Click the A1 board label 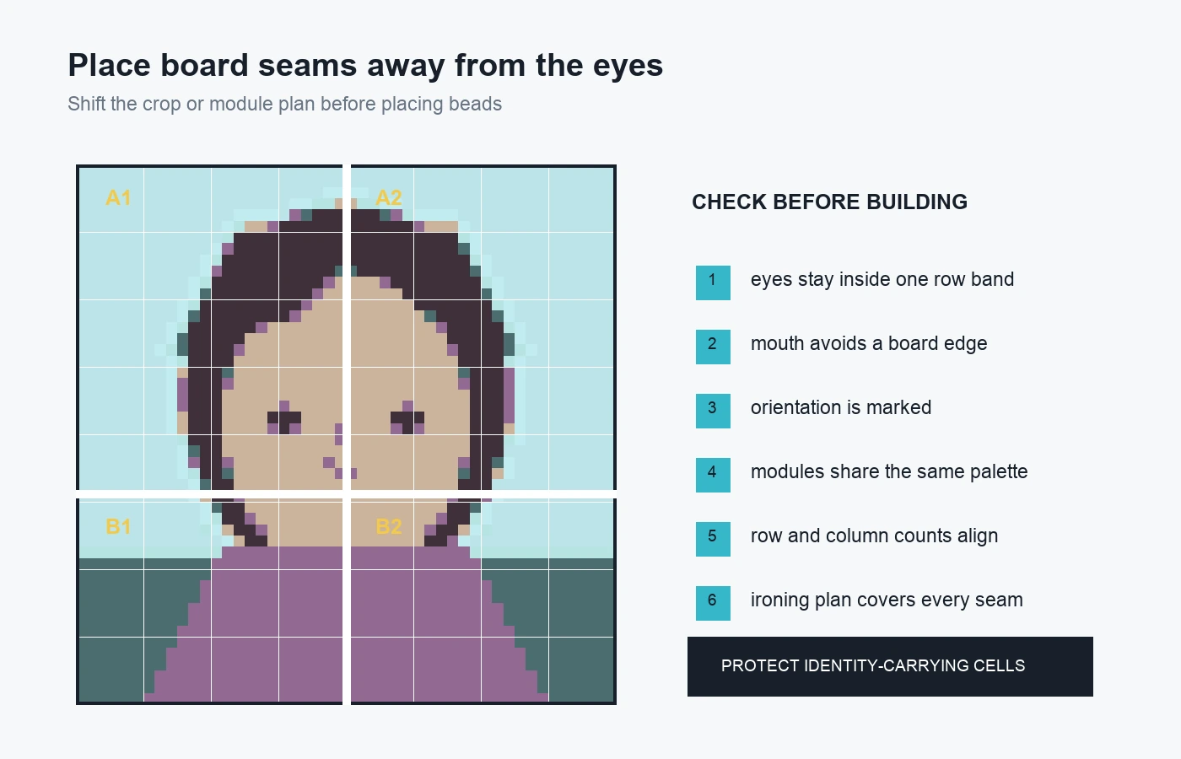pos(118,198)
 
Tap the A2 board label pos(389,198)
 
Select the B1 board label pos(118,526)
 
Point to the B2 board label pos(389,526)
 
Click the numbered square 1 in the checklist pos(713,283)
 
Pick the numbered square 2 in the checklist pos(713,347)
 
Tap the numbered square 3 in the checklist pos(713,412)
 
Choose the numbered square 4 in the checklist pos(713,475)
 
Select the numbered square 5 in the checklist pos(713,539)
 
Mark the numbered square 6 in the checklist pos(713,604)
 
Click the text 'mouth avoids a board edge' pos(869,344)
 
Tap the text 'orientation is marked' pos(841,407)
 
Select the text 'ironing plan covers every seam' pos(887,600)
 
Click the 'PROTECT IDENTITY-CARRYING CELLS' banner pos(890,666)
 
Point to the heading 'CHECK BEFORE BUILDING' pos(829,202)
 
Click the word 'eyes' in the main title pos(628,67)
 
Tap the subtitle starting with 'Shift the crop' pos(285,105)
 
